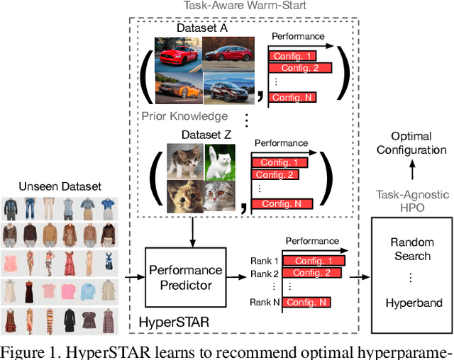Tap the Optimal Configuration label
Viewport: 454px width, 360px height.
411,143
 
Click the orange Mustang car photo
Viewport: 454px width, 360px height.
175,53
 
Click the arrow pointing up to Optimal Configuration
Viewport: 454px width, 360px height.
411,174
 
